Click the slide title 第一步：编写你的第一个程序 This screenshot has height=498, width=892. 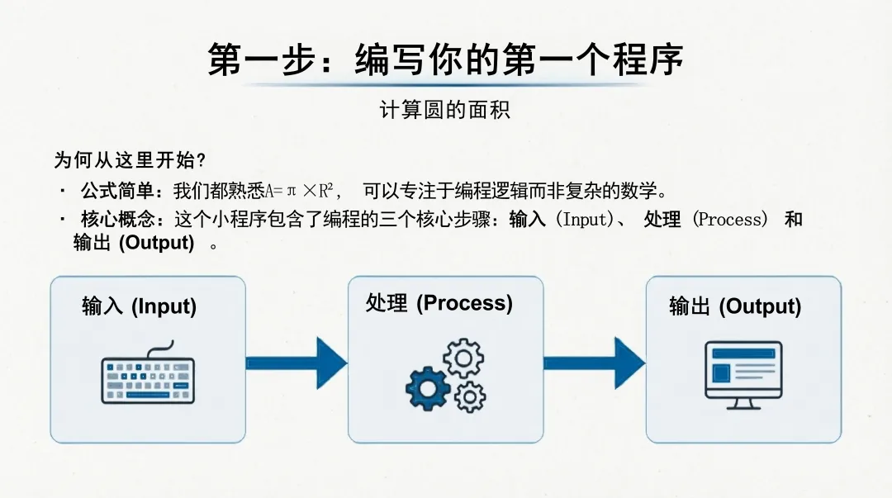point(445,60)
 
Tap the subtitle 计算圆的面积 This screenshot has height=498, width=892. point(445,110)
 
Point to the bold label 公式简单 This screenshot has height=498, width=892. point(117,192)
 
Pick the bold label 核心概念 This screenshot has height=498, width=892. point(117,220)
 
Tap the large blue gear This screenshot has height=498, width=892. point(428,387)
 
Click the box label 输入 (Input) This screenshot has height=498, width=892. point(139,306)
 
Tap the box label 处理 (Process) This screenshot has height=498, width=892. point(439,303)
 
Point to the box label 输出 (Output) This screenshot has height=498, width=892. point(735,306)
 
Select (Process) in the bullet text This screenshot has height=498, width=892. point(730,220)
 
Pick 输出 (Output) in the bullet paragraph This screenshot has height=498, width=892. point(134,244)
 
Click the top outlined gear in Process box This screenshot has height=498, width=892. point(463,358)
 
